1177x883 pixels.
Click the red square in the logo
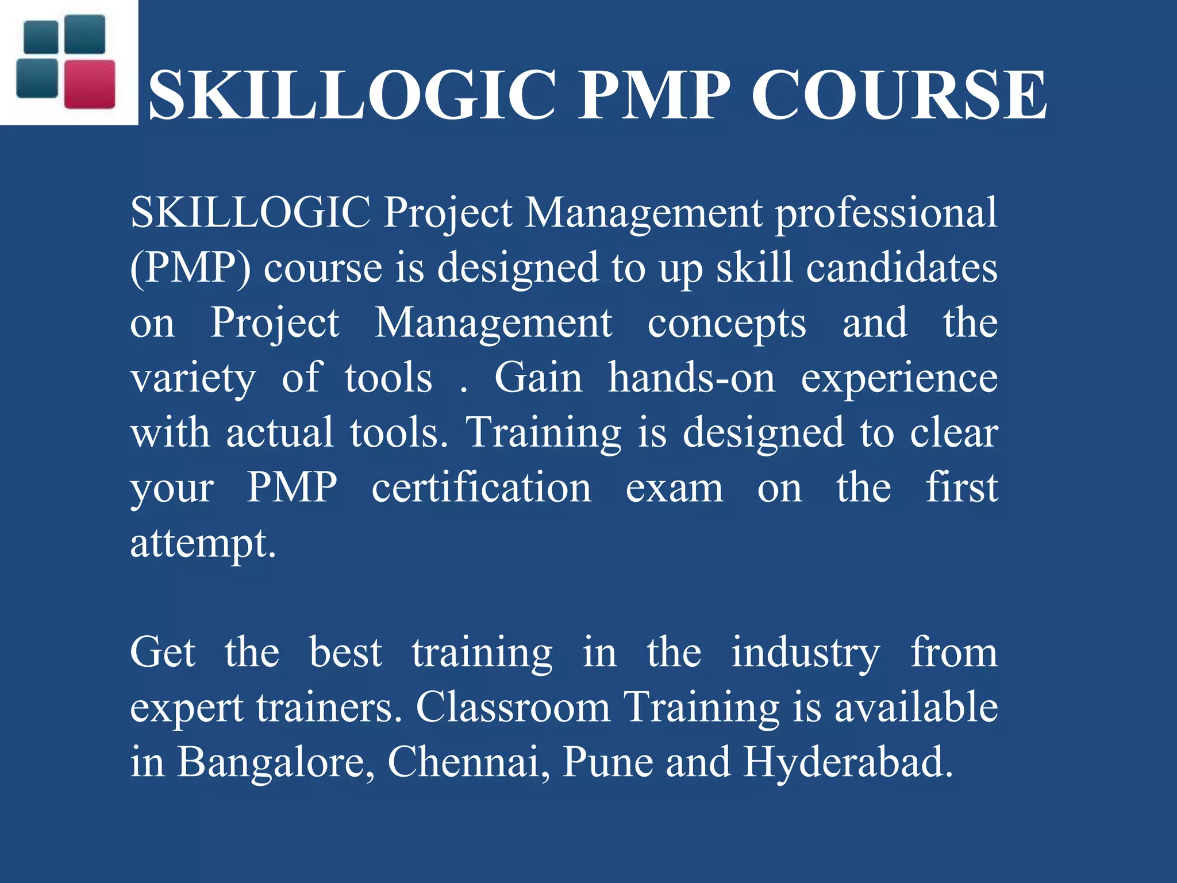point(90,84)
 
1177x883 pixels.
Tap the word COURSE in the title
point(899,95)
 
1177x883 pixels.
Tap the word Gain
point(538,378)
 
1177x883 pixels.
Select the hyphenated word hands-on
point(691,378)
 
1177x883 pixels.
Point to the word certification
point(481,487)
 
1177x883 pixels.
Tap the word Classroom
point(513,707)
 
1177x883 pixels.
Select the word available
point(916,707)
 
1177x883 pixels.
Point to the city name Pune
point(607,762)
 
